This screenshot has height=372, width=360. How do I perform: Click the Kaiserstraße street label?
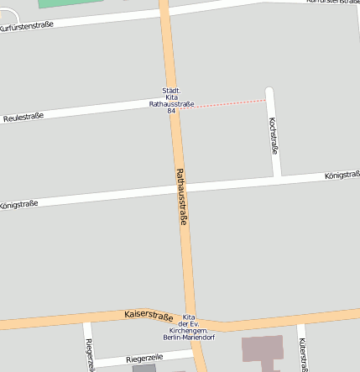pyautogui.click(x=148, y=314)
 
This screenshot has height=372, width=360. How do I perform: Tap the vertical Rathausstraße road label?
pyautogui.click(x=180, y=196)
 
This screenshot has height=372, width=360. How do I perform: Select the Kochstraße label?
pyautogui.click(x=272, y=135)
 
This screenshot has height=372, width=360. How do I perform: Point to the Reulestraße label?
pyautogui.click(x=23, y=117)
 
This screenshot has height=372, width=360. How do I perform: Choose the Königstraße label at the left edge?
pyautogui.click(x=18, y=203)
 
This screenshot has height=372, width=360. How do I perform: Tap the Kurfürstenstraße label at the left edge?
pyautogui.click(x=27, y=25)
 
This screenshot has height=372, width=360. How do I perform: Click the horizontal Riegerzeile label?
pyautogui.click(x=143, y=359)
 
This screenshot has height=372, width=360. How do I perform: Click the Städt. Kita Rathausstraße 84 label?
pyautogui.click(x=171, y=101)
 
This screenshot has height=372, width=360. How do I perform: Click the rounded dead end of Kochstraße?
pyautogui.click(x=270, y=91)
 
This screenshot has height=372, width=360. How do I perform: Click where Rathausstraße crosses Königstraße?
pyautogui.click(x=180, y=188)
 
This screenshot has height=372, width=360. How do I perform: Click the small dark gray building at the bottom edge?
pyautogui.click(x=143, y=368)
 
